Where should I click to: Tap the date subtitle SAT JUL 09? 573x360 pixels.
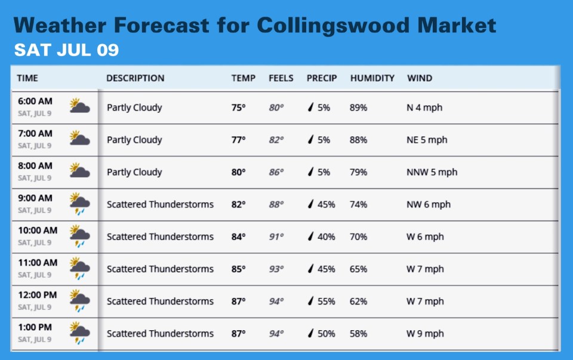pyautogui.click(x=66, y=50)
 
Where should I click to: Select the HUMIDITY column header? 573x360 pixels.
pyautogui.click(x=372, y=78)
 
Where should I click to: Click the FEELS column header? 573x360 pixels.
pyautogui.click(x=281, y=78)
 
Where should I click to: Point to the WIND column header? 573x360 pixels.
pyautogui.click(x=420, y=78)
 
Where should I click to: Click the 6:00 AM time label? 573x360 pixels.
pyautogui.click(x=35, y=101)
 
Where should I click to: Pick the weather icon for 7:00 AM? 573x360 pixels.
pyautogui.click(x=79, y=139)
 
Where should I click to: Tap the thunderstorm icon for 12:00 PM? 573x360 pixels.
pyautogui.click(x=79, y=301)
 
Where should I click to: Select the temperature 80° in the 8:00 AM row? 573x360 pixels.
pyautogui.click(x=238, y=172)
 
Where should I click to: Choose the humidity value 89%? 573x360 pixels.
pyautogui.click(x=358, y=108)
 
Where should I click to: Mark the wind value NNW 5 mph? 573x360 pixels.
pyautogui.click(x=432, y=172)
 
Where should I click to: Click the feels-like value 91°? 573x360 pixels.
pyautogui.click(x=276, y=237)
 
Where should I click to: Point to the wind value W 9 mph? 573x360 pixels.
pyautogui.click(x=425, y=334)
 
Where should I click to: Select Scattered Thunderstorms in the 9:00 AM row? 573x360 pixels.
pyautogui.click(x=160, y=204)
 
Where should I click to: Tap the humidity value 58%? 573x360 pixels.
pyautogui.click(x=358, y=334)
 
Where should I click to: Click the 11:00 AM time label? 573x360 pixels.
pyautogui.click(x=38, y=263)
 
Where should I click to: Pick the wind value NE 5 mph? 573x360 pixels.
pyautogui.click(x=427, y=140)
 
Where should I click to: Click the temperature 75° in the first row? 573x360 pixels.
pyautogui.click(x=238, y=108)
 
